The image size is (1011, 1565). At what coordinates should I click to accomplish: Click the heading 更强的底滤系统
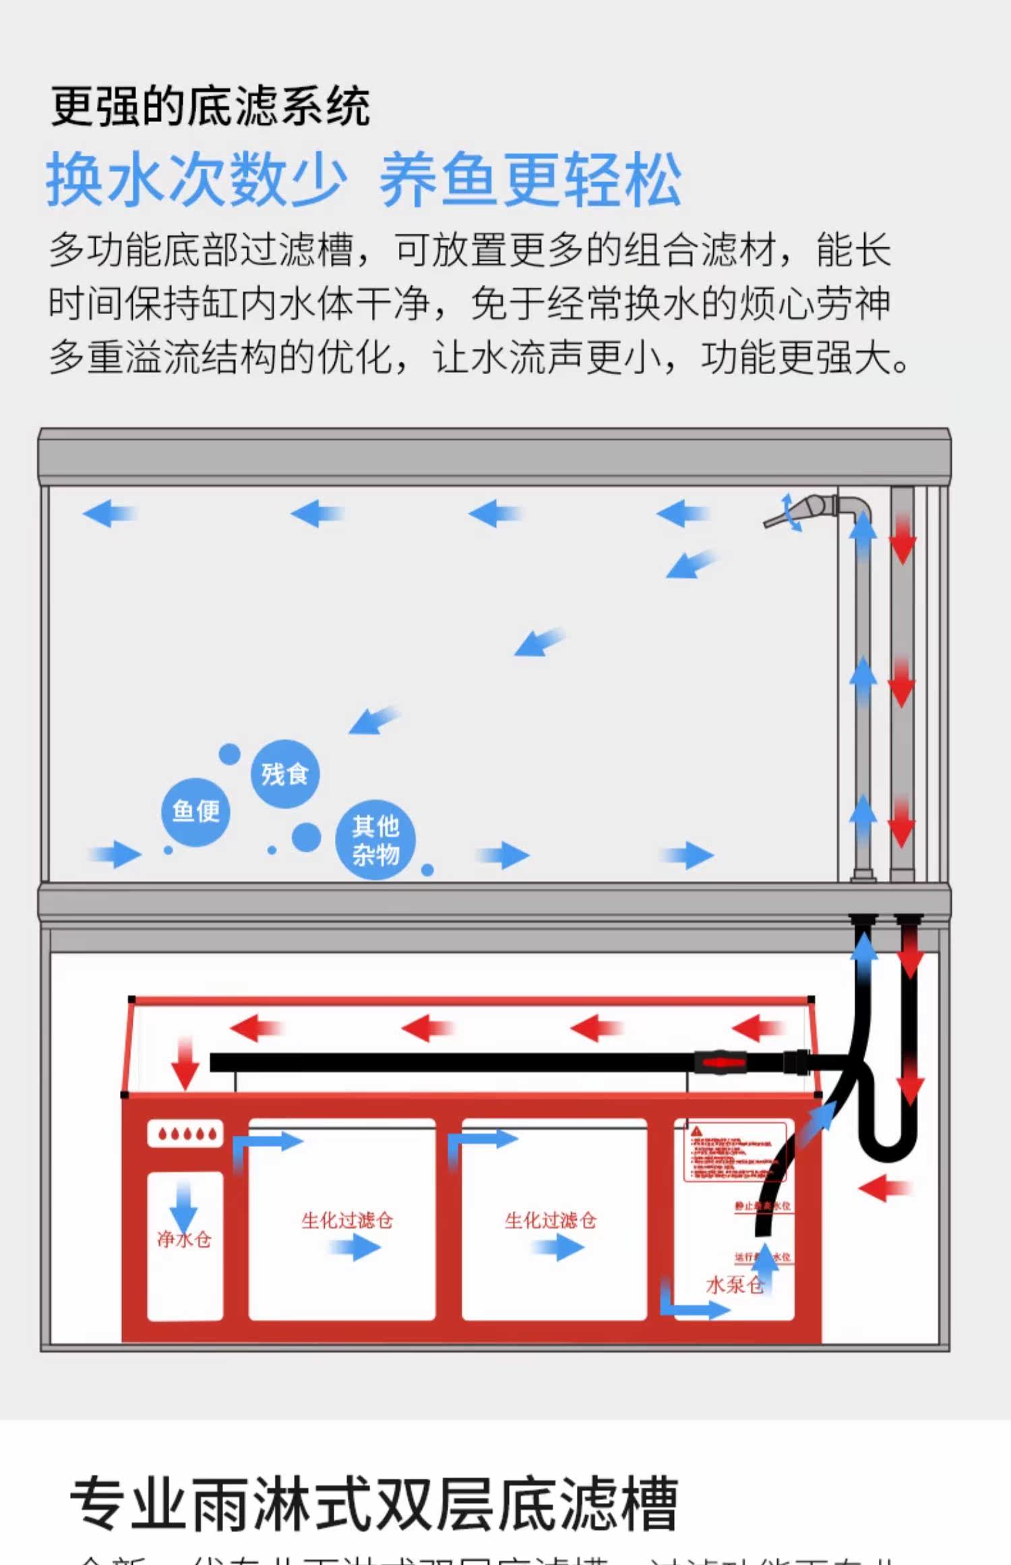210,106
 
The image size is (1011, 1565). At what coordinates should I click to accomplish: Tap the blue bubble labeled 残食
284,774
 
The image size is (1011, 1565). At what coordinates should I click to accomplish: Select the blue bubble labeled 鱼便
195,811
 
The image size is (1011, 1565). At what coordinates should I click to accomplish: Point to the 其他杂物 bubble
375,840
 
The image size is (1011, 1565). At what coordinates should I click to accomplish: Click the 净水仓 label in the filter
184,1239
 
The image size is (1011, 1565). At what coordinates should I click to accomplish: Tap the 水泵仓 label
734,1285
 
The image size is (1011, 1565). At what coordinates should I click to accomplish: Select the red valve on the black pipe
720,1062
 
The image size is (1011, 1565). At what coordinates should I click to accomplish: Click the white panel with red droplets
185,1134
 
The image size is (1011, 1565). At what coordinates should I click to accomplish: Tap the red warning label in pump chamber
735,1152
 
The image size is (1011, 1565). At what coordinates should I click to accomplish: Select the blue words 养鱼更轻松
530,179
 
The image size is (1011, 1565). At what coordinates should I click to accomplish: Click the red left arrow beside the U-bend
884,1188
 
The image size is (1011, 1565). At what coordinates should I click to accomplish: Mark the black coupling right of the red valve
796,1062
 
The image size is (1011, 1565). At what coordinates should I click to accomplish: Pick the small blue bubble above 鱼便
229,754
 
